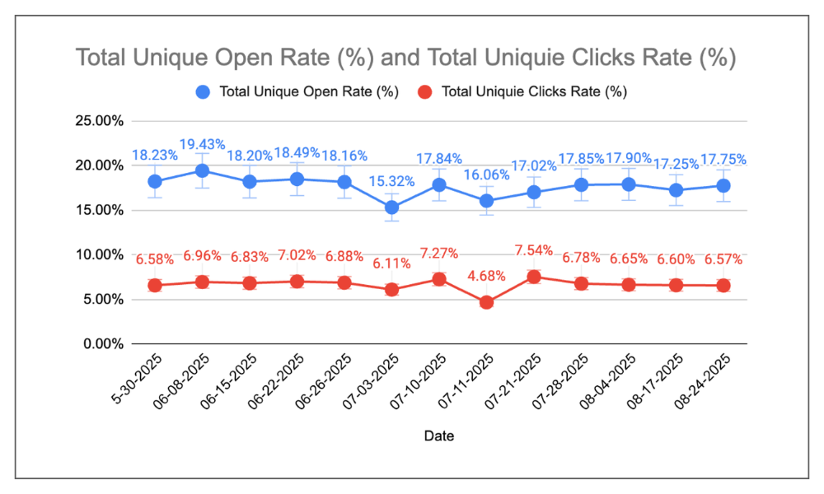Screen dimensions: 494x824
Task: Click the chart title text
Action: [x=405, y=58]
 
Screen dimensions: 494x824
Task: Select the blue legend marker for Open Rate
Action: [x=204, y=92]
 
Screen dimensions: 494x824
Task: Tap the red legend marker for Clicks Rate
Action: [x=425, y=92]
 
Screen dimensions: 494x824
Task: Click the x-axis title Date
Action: [x=438, y=436]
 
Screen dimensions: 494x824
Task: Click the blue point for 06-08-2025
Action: [x=202, y=170]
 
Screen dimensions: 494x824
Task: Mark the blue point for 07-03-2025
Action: [x=391, y=207]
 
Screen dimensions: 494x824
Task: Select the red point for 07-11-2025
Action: [x=486, y=302]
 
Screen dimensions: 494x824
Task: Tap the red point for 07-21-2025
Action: [x=534, y=277]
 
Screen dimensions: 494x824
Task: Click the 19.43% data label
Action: [x=202, y=145]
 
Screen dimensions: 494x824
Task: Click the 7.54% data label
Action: [x=534, y=250]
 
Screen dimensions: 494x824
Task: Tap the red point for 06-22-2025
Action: [x=297, y=282]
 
